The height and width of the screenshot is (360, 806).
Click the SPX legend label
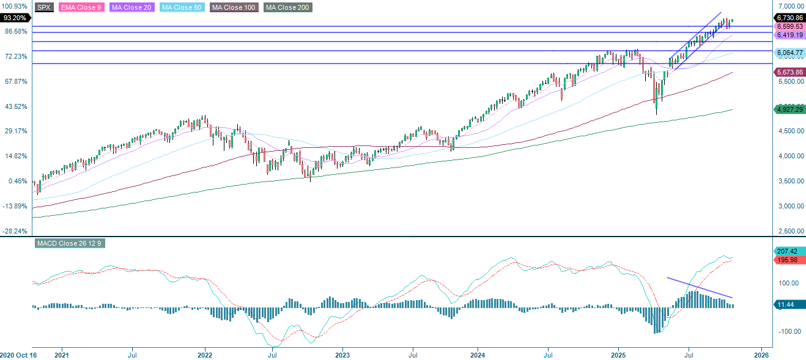pyautogui.click(x=43, y=7)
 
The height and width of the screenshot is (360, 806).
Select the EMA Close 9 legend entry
pyautogui.click(x=81, y=7)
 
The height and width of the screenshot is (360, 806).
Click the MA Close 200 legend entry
pyautogui.click(x=288, y=7)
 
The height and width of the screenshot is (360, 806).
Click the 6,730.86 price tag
pyautogui.click(x=789, y=18)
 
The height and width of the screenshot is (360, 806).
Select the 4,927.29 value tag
pyautogui.click(x=789, y=109)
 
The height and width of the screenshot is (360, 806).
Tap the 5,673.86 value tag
pyautogui.click(x=789, y=72)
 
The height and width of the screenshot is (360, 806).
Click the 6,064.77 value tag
pyautogui.click(x=789, y=53)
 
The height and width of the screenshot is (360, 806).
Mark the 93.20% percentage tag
pyautogui.click(x=14, y=18)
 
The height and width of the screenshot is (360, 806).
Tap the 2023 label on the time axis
pyautogui.click(x=342, y=354)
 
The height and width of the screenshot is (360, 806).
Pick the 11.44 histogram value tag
pyautogui.click(x=786, y=304)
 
